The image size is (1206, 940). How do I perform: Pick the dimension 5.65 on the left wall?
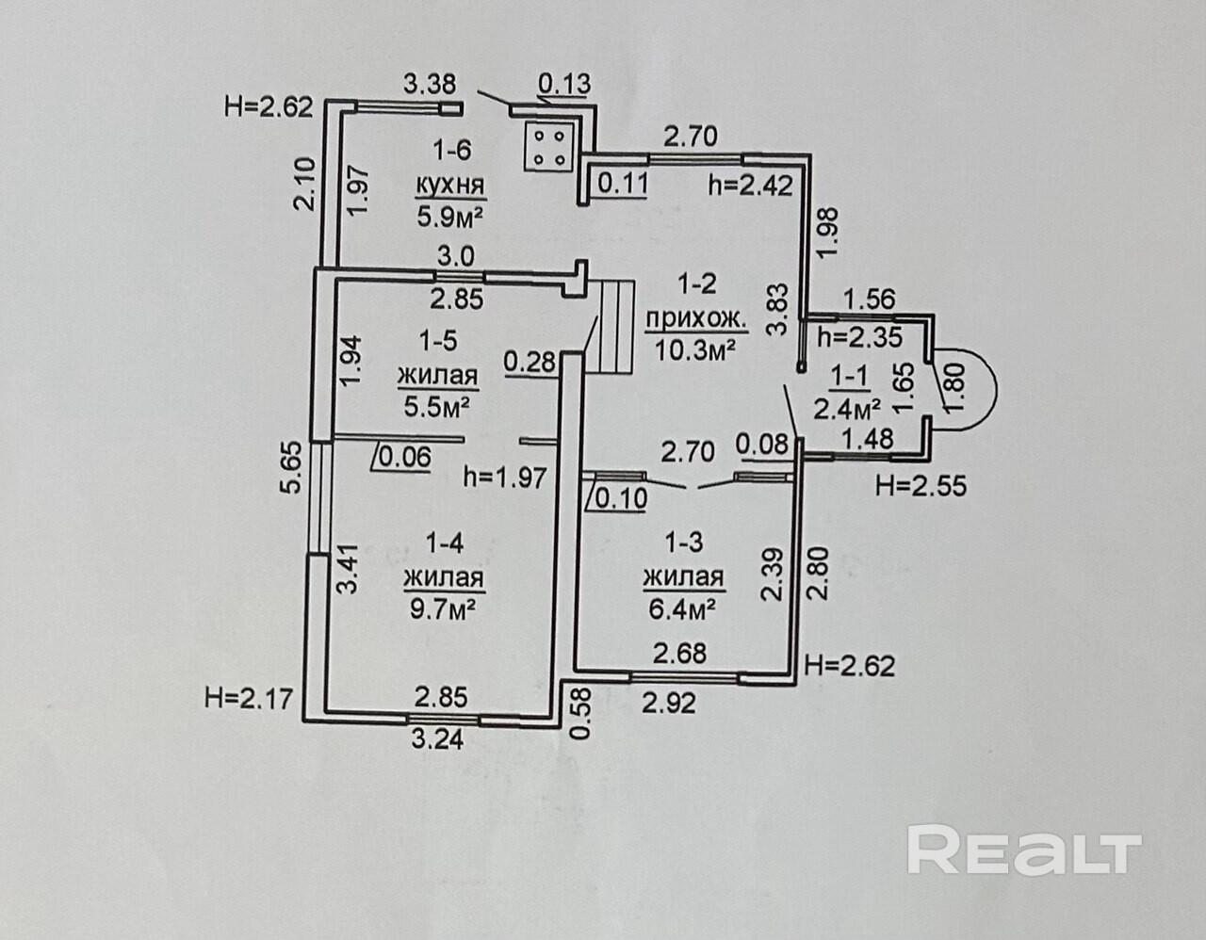pyautogui.click(x=293, y=468)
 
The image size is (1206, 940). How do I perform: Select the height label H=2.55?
pyautogui.click(x=921, y=486)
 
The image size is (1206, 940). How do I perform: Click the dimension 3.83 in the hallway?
pyautogui.click(x=777, y=311)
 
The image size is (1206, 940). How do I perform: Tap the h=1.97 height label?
pyautogui.click(x=505, y=478)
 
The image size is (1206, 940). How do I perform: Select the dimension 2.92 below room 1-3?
pyautogui.click(x=669, y=703)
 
